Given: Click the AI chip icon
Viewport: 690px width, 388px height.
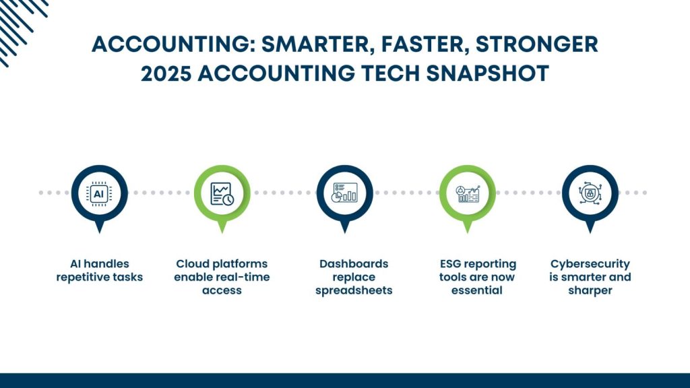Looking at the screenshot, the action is (99, 193).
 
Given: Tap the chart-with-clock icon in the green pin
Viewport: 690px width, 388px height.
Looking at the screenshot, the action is (222, 193).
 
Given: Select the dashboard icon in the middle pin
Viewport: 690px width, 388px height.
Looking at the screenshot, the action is (344, 193).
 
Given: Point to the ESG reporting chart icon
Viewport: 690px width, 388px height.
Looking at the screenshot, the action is (468, 194).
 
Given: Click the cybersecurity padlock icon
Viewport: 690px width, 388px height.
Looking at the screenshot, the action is (590, 193).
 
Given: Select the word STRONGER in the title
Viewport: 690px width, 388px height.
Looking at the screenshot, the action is (537, 44).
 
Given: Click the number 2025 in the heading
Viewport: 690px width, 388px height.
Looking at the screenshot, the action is (166, 73).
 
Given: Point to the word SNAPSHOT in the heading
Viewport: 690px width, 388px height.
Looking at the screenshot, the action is (488, 73).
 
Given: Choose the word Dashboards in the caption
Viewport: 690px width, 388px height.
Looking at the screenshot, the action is (354, 263).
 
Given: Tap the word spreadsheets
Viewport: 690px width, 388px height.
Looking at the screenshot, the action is (354, 291).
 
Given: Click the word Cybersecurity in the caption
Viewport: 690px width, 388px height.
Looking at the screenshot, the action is (590, 264).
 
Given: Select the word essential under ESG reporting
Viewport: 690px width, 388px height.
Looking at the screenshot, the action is (476, 290).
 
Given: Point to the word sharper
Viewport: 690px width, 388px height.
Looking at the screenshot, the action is (590, 291).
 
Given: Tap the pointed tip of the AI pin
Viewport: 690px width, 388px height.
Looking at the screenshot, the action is (100, 232).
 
